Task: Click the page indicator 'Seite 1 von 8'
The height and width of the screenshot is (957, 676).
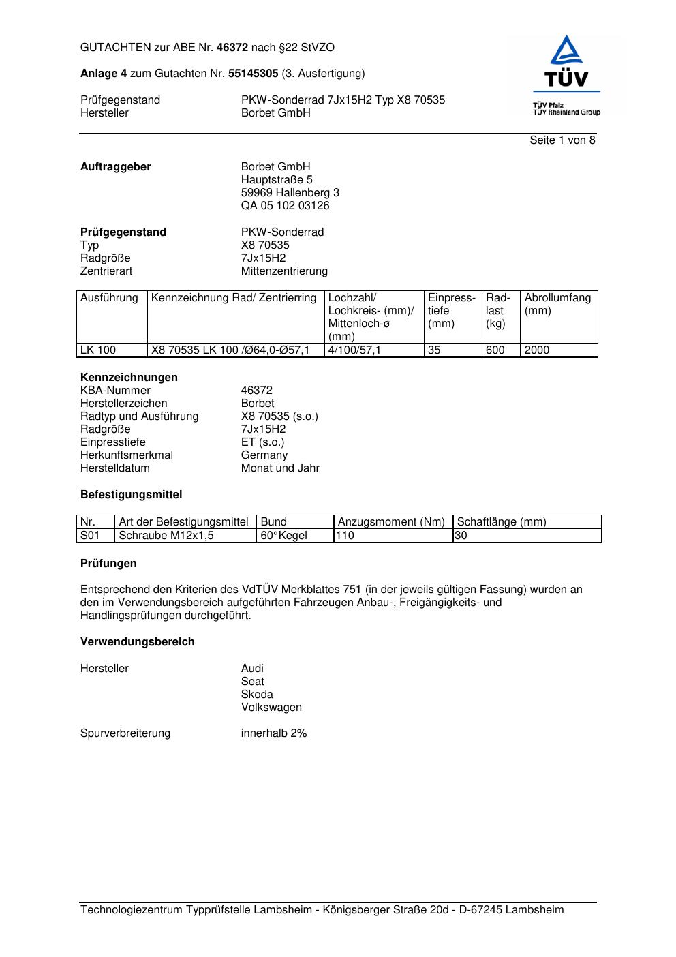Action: click(562, 140)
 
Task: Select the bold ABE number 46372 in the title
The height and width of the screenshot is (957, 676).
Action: click(232, 48)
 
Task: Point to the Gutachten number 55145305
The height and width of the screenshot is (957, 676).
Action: click(253, 74)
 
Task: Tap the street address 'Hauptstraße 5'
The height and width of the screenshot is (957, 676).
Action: click(277, 180)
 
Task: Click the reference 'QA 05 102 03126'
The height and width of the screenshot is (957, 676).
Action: click(285, 206)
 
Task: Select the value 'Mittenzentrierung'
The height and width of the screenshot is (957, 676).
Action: click(284, 271)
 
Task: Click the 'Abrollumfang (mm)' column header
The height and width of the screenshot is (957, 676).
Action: click(557, 304)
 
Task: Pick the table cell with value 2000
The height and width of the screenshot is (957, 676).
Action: click(537, 350)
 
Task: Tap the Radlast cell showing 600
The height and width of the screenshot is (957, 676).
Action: click(495, 350)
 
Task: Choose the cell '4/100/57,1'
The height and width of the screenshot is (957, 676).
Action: click(354, 350)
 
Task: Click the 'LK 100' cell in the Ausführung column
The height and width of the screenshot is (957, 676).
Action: click(98, 350)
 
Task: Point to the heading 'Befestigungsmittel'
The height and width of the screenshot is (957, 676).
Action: click(131, 495)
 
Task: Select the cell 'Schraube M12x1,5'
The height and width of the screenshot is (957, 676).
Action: click(166, 536)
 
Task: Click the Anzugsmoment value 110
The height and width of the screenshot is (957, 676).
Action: click(345, 536)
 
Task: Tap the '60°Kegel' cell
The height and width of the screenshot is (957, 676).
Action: click(283, 536)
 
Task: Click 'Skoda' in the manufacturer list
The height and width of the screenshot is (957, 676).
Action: click(257, 695)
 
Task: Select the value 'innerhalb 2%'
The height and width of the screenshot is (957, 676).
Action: click(274, 733)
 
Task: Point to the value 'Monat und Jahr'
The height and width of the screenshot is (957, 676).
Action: click(280, 468)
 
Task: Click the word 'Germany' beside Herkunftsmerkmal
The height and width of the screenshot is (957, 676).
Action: click(264, 455)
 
